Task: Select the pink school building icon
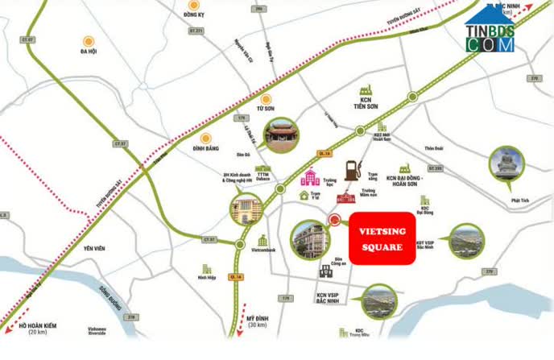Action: pyautogui.click(x=310, y=179)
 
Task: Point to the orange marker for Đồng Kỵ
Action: pyautogui.click(x=192, y=5)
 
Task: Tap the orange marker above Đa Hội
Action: pyautogui.click(x=89, y=39)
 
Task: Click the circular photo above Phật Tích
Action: pyautogui.click(x=507, y=163)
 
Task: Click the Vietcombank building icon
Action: pyautogui.click(x=262, y=241)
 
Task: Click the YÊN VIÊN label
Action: pyautogui.click(x=95, y=249)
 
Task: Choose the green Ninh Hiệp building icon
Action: pyautogui.click(x=208, y=271)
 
